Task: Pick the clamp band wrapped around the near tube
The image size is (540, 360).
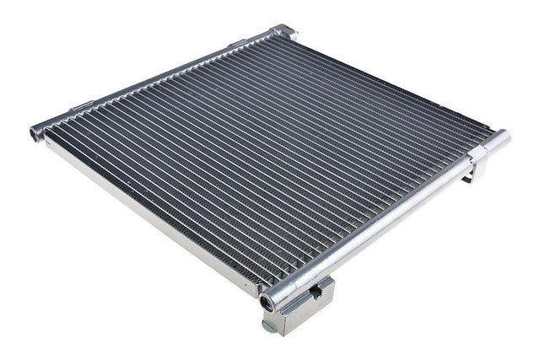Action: [x=473, y=157]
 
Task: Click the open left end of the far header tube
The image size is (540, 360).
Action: [x=36, y=132]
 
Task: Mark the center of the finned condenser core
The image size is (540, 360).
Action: [x=270, y=152]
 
